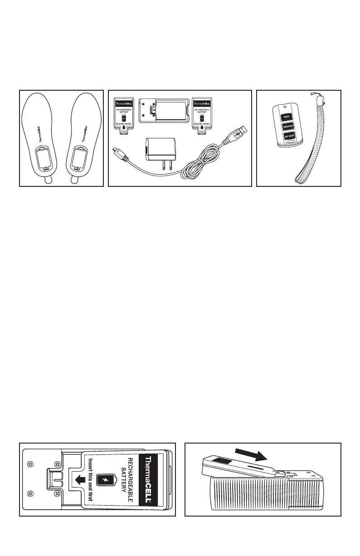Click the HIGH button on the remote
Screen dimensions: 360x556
click(x=287, y=117)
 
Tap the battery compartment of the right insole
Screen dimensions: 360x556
click(x=80, y=159)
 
